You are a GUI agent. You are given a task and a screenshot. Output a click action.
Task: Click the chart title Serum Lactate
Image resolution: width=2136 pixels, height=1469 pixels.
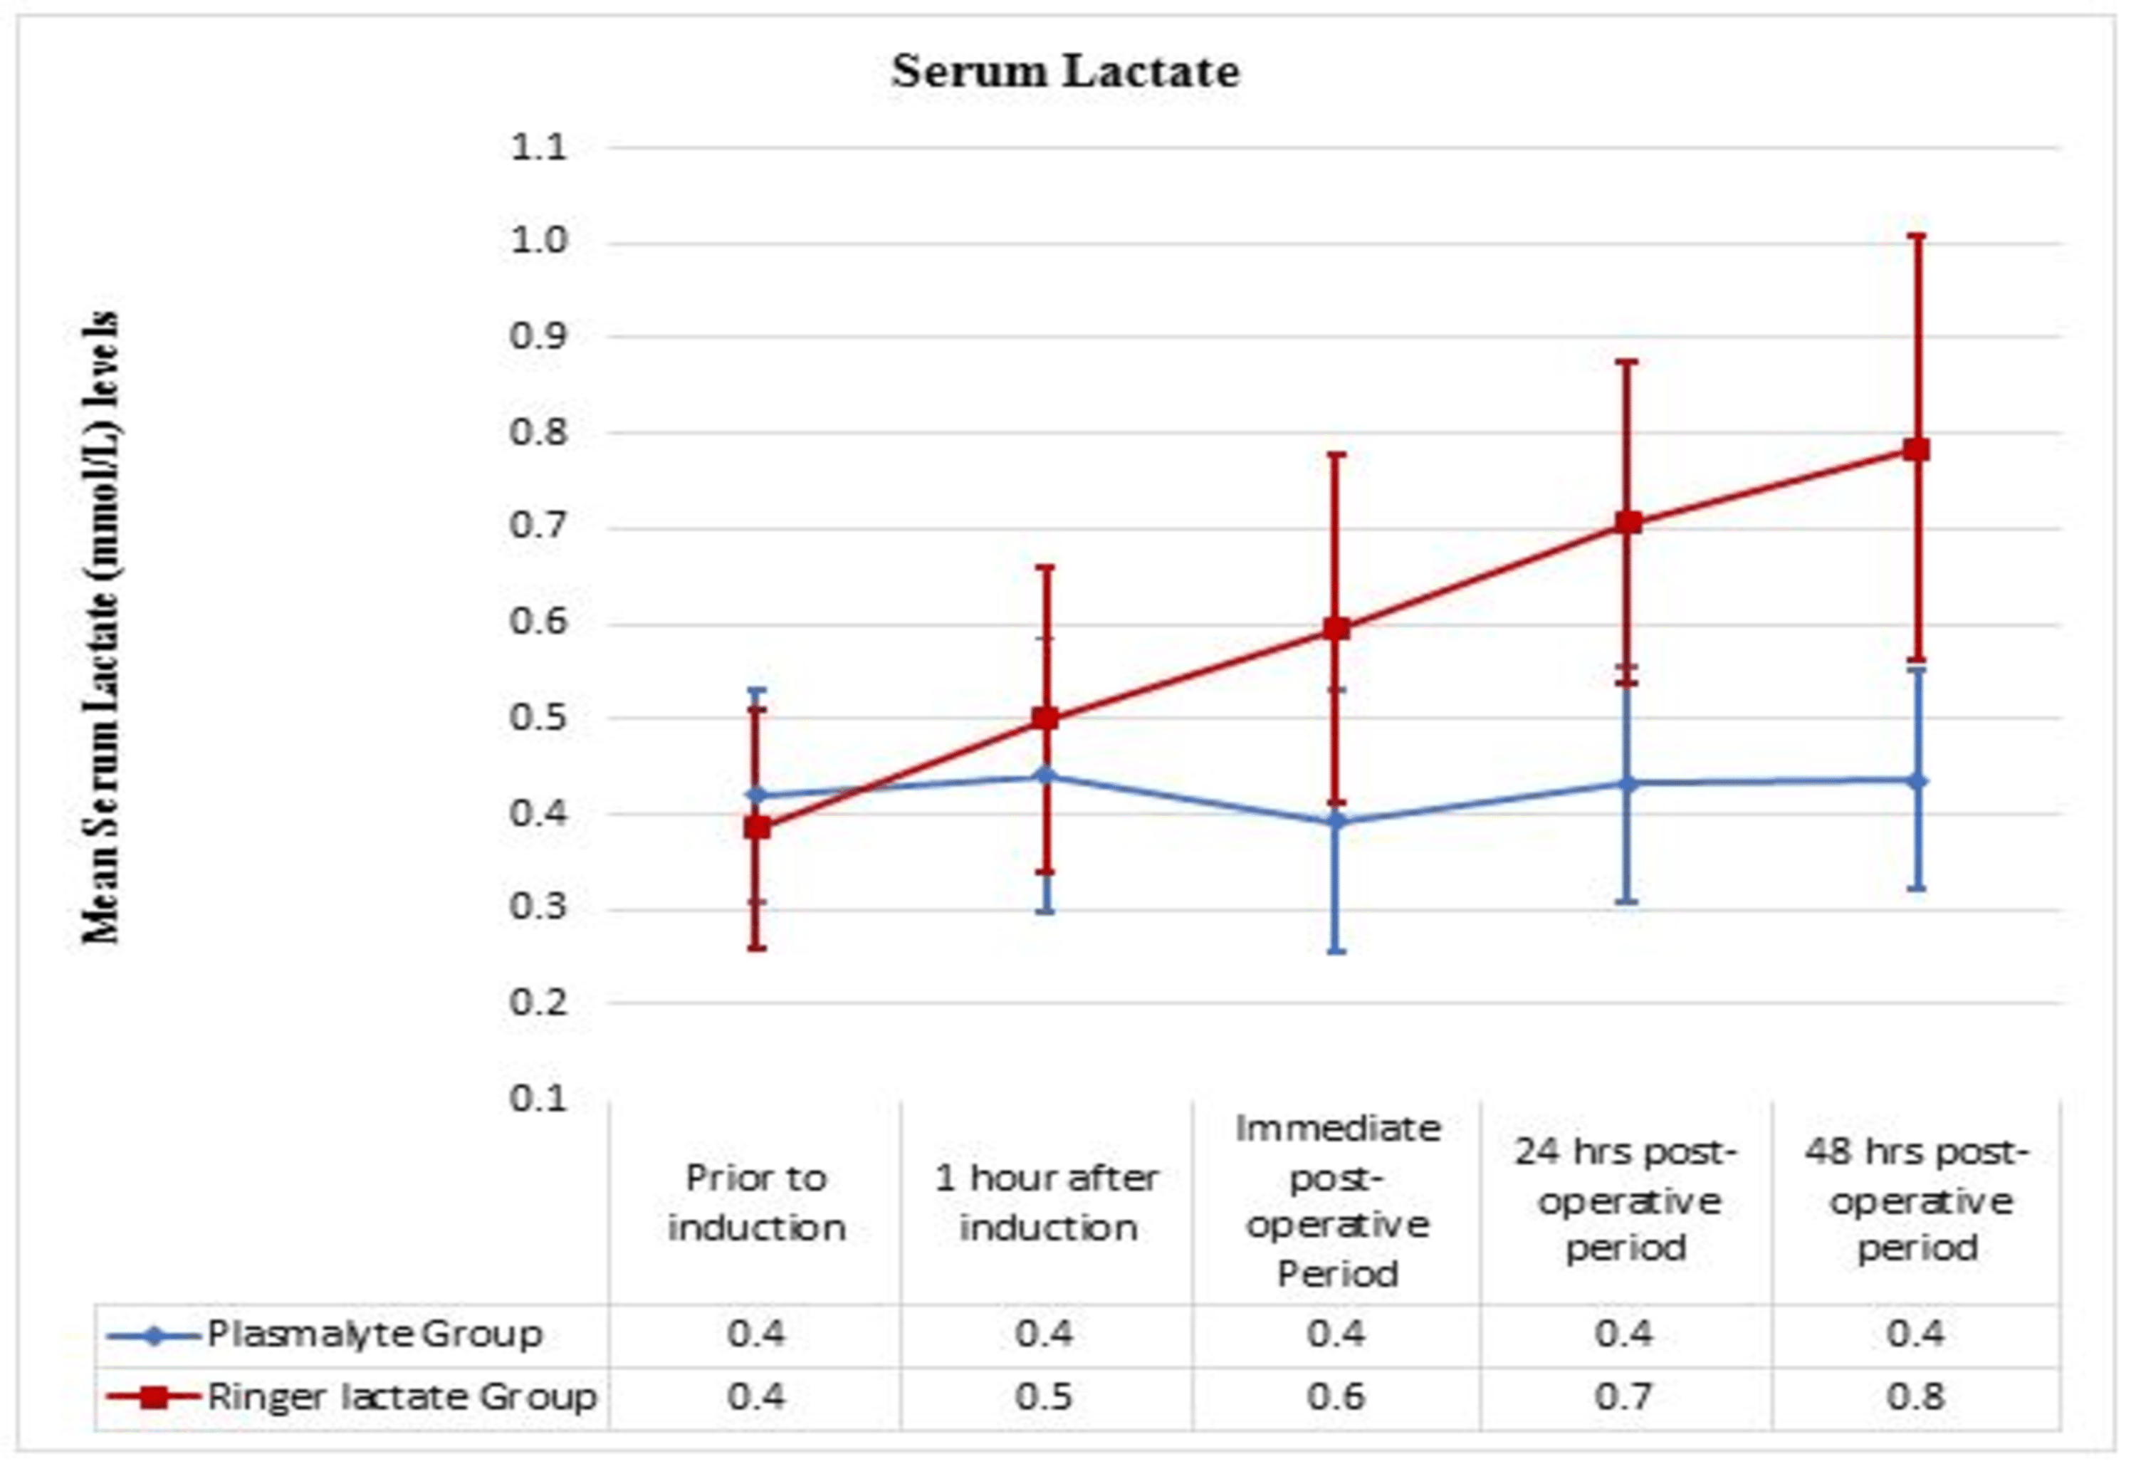(1066, 72)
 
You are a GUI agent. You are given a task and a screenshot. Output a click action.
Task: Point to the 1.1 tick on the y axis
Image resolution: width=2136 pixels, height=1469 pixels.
(538, 147)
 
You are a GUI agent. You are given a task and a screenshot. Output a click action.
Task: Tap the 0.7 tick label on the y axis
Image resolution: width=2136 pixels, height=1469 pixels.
(538, 528)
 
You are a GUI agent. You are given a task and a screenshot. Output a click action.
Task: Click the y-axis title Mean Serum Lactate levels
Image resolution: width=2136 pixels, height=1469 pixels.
(101, 628)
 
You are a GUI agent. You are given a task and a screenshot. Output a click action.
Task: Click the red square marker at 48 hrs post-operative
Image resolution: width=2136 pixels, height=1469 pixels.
(1916, 450)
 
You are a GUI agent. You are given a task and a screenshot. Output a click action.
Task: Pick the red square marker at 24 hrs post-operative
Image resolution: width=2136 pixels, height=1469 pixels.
(1628, 523)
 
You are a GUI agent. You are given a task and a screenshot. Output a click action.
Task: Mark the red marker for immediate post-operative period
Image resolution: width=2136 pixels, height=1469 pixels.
(1337, 629)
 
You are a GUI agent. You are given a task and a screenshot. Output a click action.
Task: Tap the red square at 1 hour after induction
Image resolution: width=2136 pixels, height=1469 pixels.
(1045, 718)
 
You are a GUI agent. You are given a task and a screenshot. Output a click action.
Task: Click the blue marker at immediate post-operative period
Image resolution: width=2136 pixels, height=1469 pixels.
(1337, 821)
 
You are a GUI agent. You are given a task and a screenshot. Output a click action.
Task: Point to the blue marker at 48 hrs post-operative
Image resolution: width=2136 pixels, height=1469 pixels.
(1916, 780)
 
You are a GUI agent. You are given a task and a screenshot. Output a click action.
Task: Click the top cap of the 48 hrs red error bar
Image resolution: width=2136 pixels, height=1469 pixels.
(1916, 236)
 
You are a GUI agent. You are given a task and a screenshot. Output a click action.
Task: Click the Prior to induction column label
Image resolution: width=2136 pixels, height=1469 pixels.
(755, 1202)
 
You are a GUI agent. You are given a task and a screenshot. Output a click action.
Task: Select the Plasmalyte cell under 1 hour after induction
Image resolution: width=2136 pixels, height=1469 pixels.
(1045, 1334)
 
